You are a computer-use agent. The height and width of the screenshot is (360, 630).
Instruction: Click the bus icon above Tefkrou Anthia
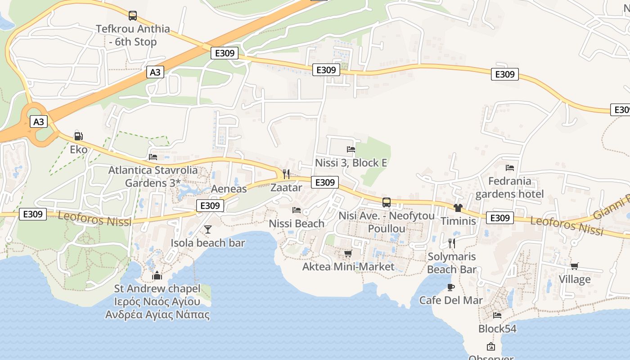(133, 16)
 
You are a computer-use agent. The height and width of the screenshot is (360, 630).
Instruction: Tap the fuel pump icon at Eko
(78, 136)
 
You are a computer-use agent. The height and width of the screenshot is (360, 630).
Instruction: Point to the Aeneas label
(229, 189)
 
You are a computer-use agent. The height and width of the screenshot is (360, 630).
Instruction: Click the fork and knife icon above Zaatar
(286, 174)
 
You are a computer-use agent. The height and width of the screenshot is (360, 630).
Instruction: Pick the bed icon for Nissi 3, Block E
(351, 149)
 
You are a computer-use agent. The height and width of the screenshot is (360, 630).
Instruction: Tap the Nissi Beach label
(297, 223)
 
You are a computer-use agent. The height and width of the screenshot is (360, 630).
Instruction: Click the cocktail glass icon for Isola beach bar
(207, 229)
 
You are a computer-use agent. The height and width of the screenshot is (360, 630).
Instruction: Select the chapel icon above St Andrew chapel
(157, 275)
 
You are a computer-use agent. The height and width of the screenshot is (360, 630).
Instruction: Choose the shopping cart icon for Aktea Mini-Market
(348, 254)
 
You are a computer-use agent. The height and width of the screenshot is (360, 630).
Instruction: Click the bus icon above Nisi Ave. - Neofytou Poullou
(387, 202)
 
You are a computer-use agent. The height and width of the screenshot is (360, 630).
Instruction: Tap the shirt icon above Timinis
(458, 207)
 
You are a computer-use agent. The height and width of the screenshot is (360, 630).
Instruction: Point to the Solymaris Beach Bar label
(451, 263)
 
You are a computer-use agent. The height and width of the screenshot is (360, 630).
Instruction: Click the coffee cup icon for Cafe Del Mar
(451, 287)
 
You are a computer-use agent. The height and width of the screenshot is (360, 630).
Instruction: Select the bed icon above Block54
(497, 315)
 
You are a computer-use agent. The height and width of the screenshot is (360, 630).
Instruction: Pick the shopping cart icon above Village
(575, 266)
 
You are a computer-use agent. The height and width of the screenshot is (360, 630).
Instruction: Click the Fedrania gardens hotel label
(510, 188)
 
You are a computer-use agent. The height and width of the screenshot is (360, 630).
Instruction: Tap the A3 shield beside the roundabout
(39, 121)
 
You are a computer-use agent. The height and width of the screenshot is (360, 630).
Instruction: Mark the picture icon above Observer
(491, 346)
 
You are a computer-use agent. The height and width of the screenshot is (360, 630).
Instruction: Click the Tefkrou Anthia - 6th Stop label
(133, 35)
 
